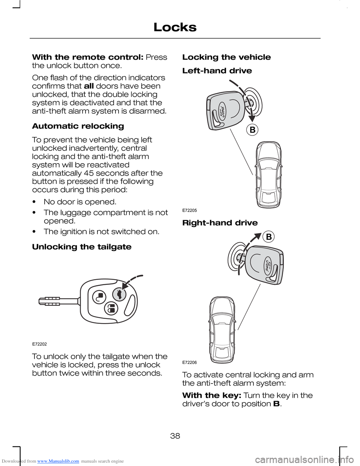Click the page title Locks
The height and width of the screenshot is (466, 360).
tap(175, 27)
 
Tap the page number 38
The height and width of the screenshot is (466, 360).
tap(175, 436)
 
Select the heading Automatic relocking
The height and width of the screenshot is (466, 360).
tap(78, 126)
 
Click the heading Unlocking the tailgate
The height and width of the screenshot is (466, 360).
tap(82, 247)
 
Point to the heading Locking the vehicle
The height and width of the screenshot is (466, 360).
tap(226, 57)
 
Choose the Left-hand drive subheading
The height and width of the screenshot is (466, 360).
tap(217, 71)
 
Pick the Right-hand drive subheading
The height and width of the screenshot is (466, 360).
tap(220, 223)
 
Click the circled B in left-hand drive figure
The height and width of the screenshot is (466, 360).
tap(252, 130)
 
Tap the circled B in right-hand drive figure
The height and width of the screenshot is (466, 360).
tap(269, 237)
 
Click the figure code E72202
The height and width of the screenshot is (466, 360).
tap(39, 344)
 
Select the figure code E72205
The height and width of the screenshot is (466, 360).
tap(189, 210)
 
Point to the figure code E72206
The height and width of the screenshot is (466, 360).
tap(189, 362)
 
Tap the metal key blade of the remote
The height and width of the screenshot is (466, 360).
tap(58, 301)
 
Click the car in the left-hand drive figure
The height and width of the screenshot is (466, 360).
tap(268, 174)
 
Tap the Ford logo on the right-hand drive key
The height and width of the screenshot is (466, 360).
tap(268, 266)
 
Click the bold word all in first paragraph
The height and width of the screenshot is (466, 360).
tap(89, 86)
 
